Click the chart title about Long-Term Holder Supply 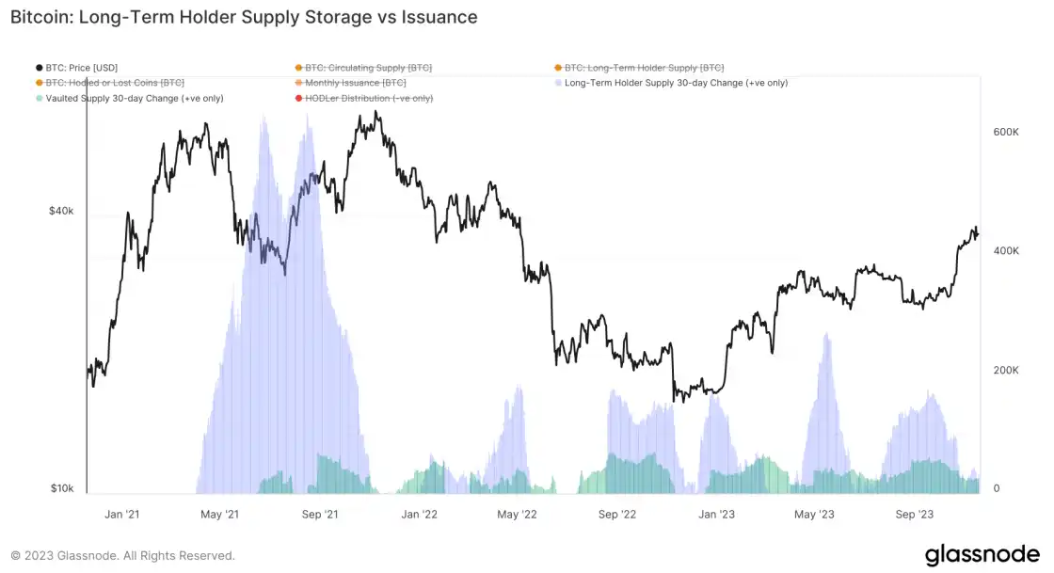click(244, 17)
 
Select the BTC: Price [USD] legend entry click(82, 68)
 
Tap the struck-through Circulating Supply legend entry click(368, 68)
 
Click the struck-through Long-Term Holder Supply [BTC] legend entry click(645, 68)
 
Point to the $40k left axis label click(61, 212)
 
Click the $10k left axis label click(61, 488)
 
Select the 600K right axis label click(1006, 133)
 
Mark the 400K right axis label click(1006, 251)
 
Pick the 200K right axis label click(1006, 370)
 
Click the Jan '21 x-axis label click(121, 515)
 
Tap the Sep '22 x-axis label click(617, 515)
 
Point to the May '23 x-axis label click(814, 515)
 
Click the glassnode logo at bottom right click(981, 555)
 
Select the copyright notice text click(122, 556)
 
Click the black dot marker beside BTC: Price click(39, 68)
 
